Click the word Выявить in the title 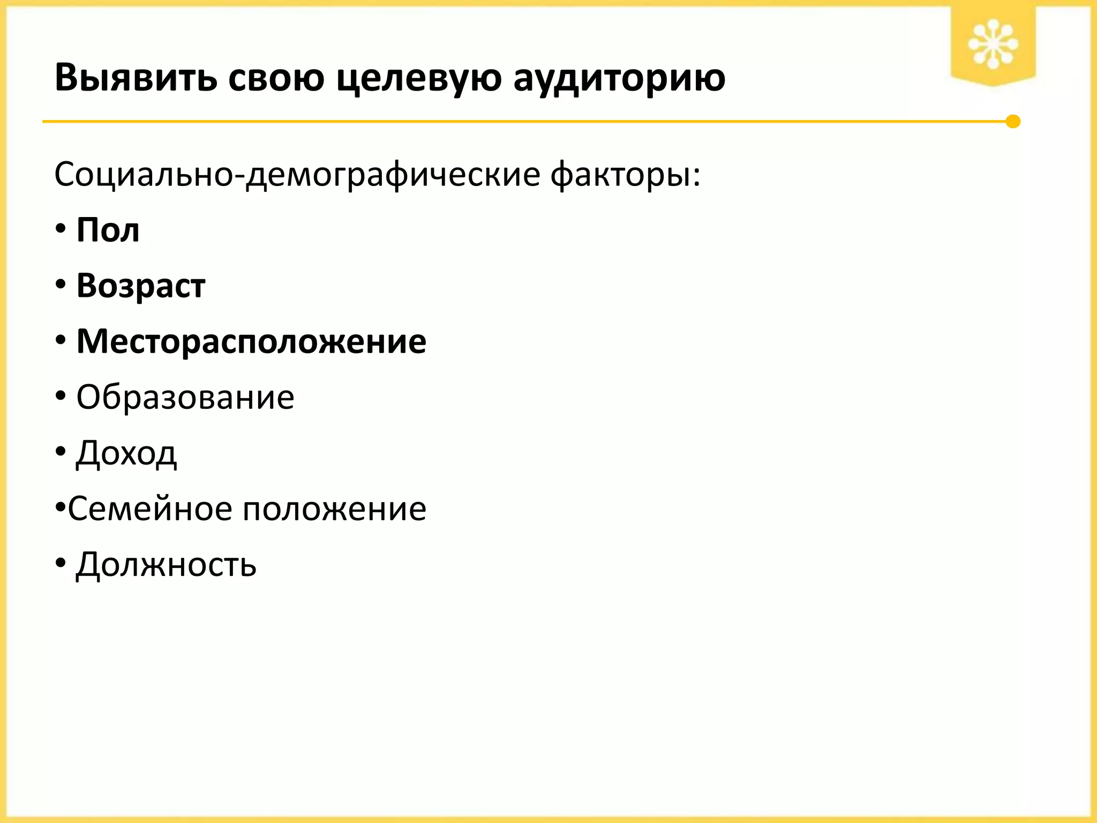pos(136,78)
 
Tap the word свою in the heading pos(276,78)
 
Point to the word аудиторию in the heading pos(619,78)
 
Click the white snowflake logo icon pos(993,44)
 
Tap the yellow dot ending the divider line pos(1013,122)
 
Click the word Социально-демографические pos(298,175)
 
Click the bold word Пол pos(108,230)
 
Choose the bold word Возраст pos(141,286)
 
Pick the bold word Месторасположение pos(251,341)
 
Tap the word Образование pos(185,397)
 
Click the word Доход pos(126,453)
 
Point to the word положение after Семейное pos(335,508)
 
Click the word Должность pos(167,565)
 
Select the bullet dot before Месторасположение pos(61,341)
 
